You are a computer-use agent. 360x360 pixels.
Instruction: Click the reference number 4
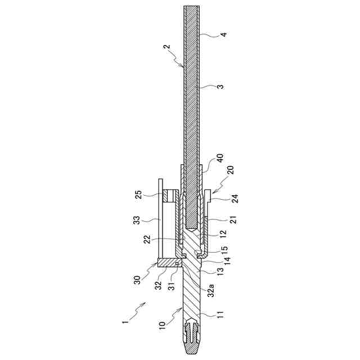[224, 34]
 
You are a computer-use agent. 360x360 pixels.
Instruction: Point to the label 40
[220, 160]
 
